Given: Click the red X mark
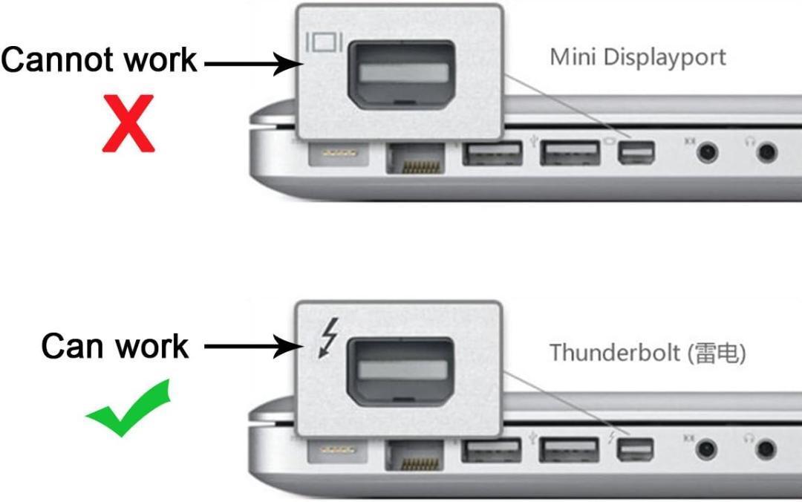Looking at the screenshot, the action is tap(128, 123).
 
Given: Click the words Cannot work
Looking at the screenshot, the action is tap(100, 59).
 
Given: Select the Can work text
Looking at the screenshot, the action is tap(115, 347).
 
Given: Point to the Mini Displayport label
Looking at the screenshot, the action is tap(638, 57).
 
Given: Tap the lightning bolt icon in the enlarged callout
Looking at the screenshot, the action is tap(328, 337).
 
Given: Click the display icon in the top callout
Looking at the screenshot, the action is tap(324, 42).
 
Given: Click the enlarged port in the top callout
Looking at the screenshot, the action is tap(401, 75).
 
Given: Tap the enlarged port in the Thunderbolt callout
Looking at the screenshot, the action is tap(400, 371).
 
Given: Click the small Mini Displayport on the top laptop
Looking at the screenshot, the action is tap(636, 153).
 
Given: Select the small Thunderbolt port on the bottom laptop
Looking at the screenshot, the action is tap(635, 450).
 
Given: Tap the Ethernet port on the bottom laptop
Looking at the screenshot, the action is tap(414, 455).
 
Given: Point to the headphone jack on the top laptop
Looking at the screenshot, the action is tap(766, 152).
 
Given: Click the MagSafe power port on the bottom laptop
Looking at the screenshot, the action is tap(337, 450).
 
